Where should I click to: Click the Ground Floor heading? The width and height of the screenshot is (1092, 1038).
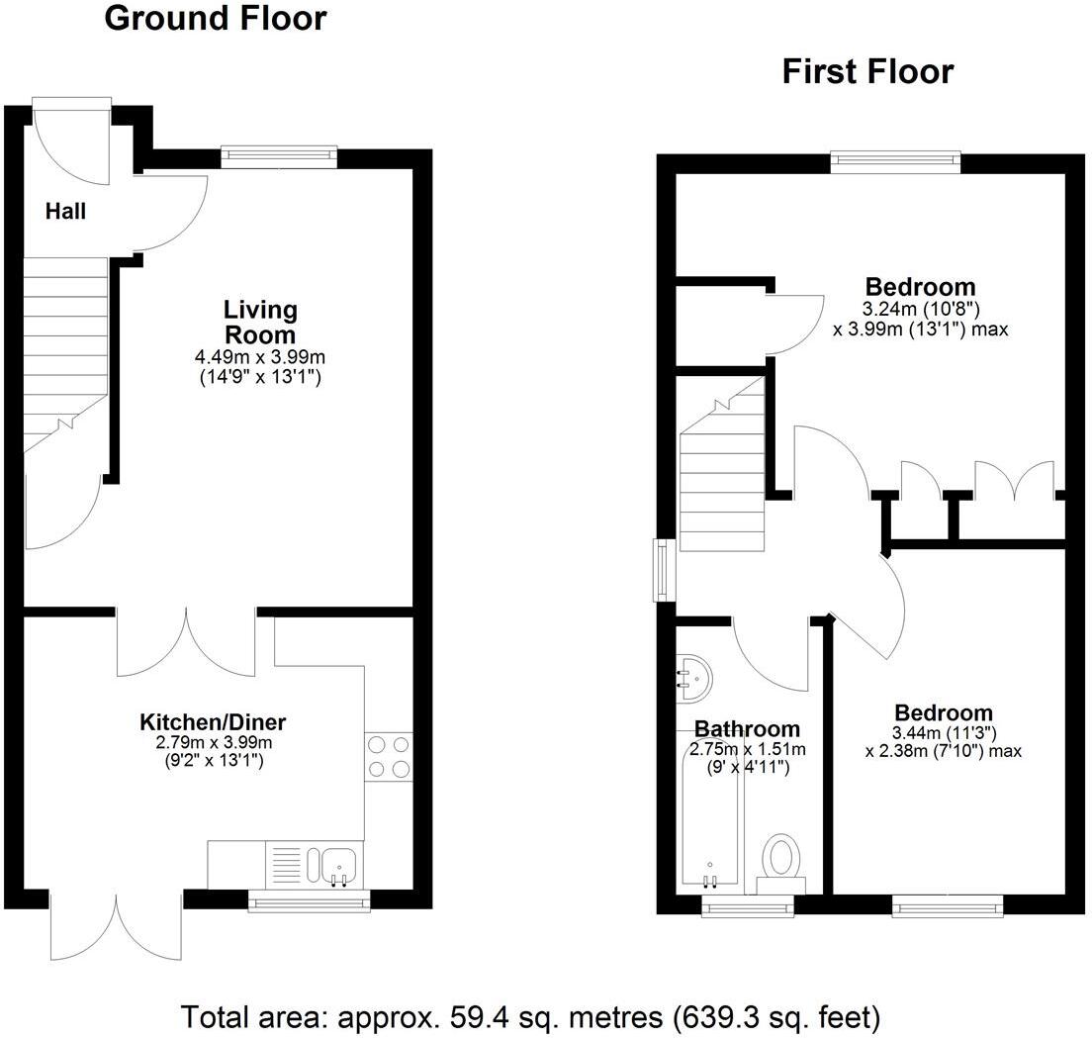tap(215, 19)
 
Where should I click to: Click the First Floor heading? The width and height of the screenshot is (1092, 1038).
tap(867, 72)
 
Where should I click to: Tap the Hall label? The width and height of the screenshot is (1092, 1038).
tap(66, 211)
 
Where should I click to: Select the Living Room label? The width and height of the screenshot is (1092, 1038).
tap(260, 322)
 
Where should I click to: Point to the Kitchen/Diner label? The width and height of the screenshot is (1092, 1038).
tap(213, 721)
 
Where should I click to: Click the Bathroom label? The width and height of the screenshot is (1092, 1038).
tap(747, 729)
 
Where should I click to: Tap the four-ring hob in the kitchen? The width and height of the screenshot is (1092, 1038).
tap(389, 756)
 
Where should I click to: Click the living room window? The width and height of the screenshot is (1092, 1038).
tap(279, 154)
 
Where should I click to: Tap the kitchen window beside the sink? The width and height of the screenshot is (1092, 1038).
tap(309, 899)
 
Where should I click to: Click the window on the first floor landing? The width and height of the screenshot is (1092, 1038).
tap(661, 570)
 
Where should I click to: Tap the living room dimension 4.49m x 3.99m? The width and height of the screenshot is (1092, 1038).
tap(260, 357)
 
